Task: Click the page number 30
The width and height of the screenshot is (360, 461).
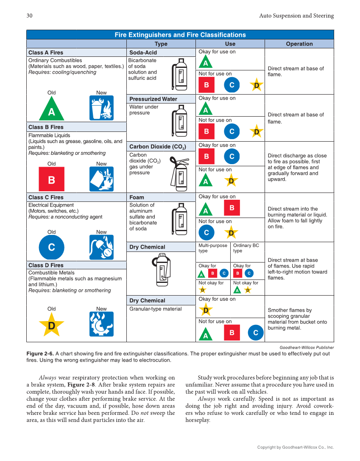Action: (x=30, y=16)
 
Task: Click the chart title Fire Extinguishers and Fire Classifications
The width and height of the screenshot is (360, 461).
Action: (x=180, y=35)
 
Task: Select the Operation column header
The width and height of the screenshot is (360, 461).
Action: (x=299, y=44)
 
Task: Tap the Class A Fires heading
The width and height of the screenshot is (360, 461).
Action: (x=46, y=53)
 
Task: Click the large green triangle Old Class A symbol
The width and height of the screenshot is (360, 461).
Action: (x=51, y=109)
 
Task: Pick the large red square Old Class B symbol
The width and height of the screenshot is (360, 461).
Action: (x=51, y=180)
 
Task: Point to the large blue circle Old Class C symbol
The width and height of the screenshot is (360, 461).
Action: (x=51, y=247)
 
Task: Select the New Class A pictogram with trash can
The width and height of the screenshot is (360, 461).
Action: (x=101, y=108)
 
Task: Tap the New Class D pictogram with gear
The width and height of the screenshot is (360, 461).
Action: (x=101, y=324)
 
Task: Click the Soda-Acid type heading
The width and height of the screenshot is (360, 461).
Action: (x=143, y=53)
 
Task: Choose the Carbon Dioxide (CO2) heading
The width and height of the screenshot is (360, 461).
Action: (x=157, y=147)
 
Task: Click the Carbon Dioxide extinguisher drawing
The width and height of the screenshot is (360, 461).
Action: (x=179, y=172)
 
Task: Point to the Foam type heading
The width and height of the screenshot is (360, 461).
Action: (x=137, y=197)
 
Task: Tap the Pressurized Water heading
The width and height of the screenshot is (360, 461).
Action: (x=153, y=99)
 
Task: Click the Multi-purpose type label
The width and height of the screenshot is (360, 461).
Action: (x=213, y=248)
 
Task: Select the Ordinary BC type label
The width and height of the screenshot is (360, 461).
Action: (x=246, y=248)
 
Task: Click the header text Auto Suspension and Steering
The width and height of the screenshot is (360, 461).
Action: (x=296, y=16)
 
